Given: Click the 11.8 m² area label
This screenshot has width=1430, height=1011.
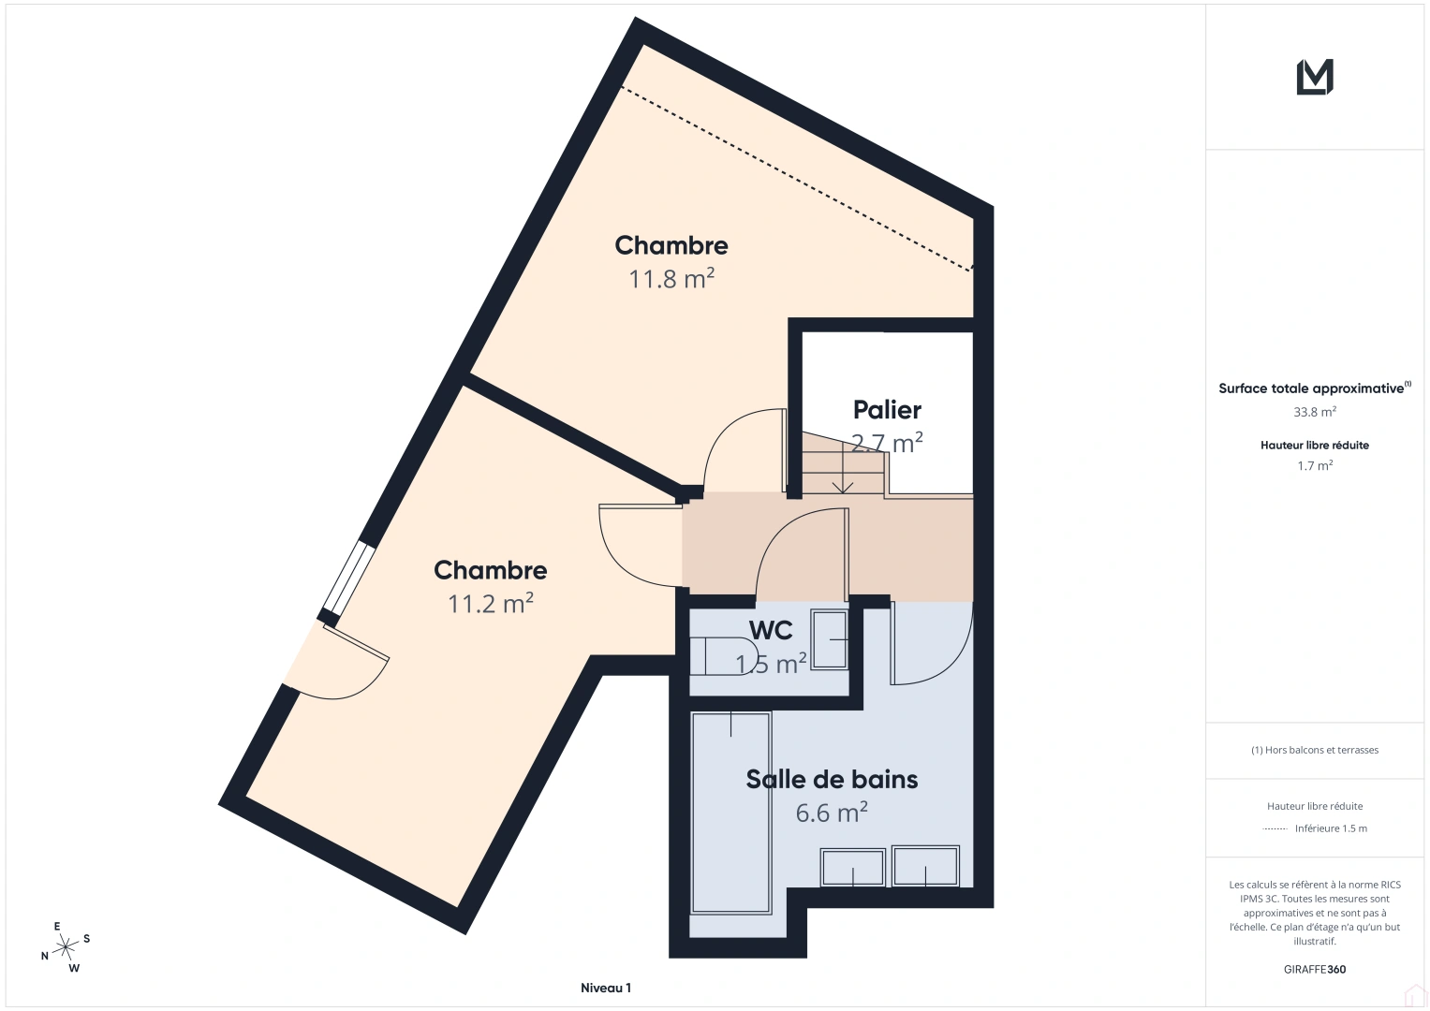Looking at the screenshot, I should [x=671, y=279].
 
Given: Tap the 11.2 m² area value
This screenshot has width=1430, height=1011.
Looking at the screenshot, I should [x=491, y=604].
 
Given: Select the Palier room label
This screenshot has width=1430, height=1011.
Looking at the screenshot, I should [x=887, y=410].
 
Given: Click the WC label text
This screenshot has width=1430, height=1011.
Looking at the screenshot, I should [x=771, y=630].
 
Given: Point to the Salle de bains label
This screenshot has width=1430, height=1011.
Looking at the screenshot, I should [x=832, y=780].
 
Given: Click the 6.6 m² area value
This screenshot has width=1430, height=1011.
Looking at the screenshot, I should [x=832, y=813].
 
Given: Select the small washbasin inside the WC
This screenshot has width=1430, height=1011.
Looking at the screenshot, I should [x=830, y=639].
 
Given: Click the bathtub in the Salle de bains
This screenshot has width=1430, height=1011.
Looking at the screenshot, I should [x=731, y=812].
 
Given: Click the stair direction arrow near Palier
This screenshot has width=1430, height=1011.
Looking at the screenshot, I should [x=842, y=484].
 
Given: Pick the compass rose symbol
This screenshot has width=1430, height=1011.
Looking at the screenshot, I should [x=66, y=947].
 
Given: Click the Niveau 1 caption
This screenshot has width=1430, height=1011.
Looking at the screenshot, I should [x=606, y=988].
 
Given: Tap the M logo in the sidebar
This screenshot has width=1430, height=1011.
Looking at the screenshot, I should [x=1315, y=77].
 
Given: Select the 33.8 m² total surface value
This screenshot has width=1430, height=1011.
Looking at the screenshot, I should [x=1315, y=412].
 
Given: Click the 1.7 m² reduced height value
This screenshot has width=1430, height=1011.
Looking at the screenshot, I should [x=1315, y=465].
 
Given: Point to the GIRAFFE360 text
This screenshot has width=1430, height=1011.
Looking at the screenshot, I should [x=1315, y=969].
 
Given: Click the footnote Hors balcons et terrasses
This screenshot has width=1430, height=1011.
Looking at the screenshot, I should [x=1315, y=750].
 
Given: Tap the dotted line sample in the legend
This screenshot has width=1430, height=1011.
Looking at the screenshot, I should [x=1275, y=828].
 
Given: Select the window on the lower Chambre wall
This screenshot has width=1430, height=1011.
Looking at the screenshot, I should [x=347, y=578].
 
